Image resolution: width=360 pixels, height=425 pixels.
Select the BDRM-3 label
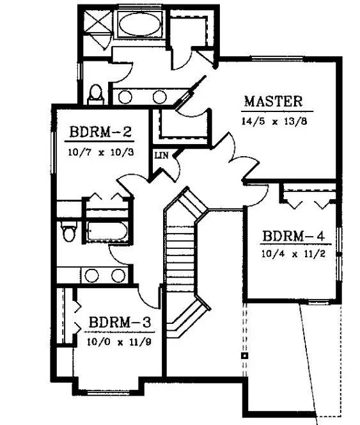(x=120, y=322)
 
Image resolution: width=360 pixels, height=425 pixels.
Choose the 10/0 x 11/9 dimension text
(x=120, y=341)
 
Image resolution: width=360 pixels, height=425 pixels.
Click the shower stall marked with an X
(x=97, y=25)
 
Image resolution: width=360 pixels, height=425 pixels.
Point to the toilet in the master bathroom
(x=97, y=95)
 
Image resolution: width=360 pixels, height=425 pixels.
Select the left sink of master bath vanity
(x=126, y=97)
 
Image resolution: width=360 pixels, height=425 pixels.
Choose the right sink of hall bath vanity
(x=118, y=276)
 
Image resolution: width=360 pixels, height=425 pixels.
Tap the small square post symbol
(x=244, y=354)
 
